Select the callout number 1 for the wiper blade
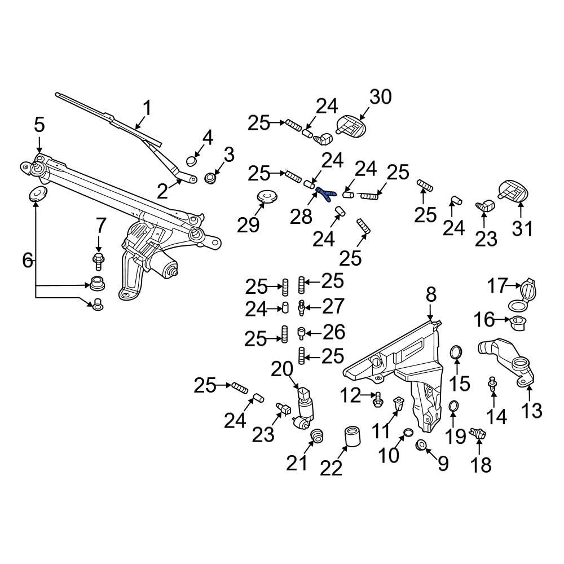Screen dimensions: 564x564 pos(146,108)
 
